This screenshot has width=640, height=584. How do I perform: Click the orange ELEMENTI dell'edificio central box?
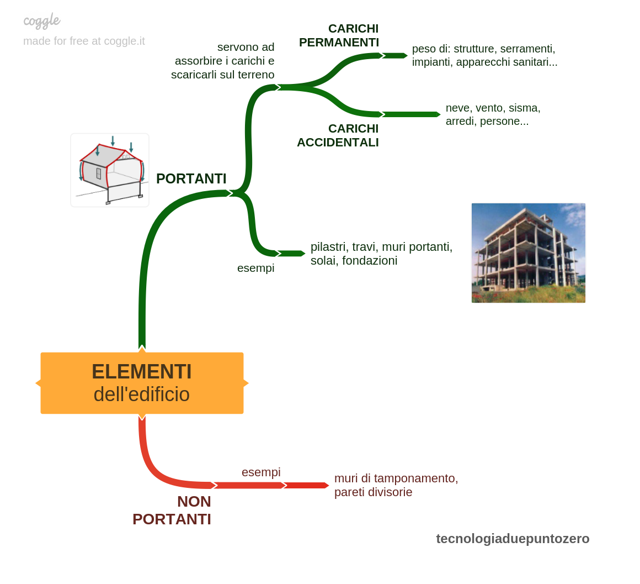142,383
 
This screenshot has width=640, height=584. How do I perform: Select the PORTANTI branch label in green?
191,178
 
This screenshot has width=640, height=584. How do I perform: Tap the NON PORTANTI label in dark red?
172,510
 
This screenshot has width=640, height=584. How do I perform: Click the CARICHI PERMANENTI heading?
339,35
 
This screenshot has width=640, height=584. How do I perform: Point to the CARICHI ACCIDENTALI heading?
338,135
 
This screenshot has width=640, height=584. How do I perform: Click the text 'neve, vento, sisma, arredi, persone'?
493,114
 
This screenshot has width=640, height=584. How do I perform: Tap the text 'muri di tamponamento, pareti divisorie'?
396,485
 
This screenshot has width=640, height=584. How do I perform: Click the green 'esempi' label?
256,268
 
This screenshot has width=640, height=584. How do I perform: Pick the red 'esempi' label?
261,472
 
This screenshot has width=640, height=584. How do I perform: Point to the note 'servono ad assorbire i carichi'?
223,61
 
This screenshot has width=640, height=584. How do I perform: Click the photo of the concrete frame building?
529,253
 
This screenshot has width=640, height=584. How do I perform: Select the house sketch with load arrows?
110,170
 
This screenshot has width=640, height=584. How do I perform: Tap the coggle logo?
41,21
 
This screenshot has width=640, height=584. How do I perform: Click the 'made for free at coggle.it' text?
84,41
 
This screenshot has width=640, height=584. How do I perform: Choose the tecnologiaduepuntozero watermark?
513,539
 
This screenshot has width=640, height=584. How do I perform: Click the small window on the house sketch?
98,173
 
